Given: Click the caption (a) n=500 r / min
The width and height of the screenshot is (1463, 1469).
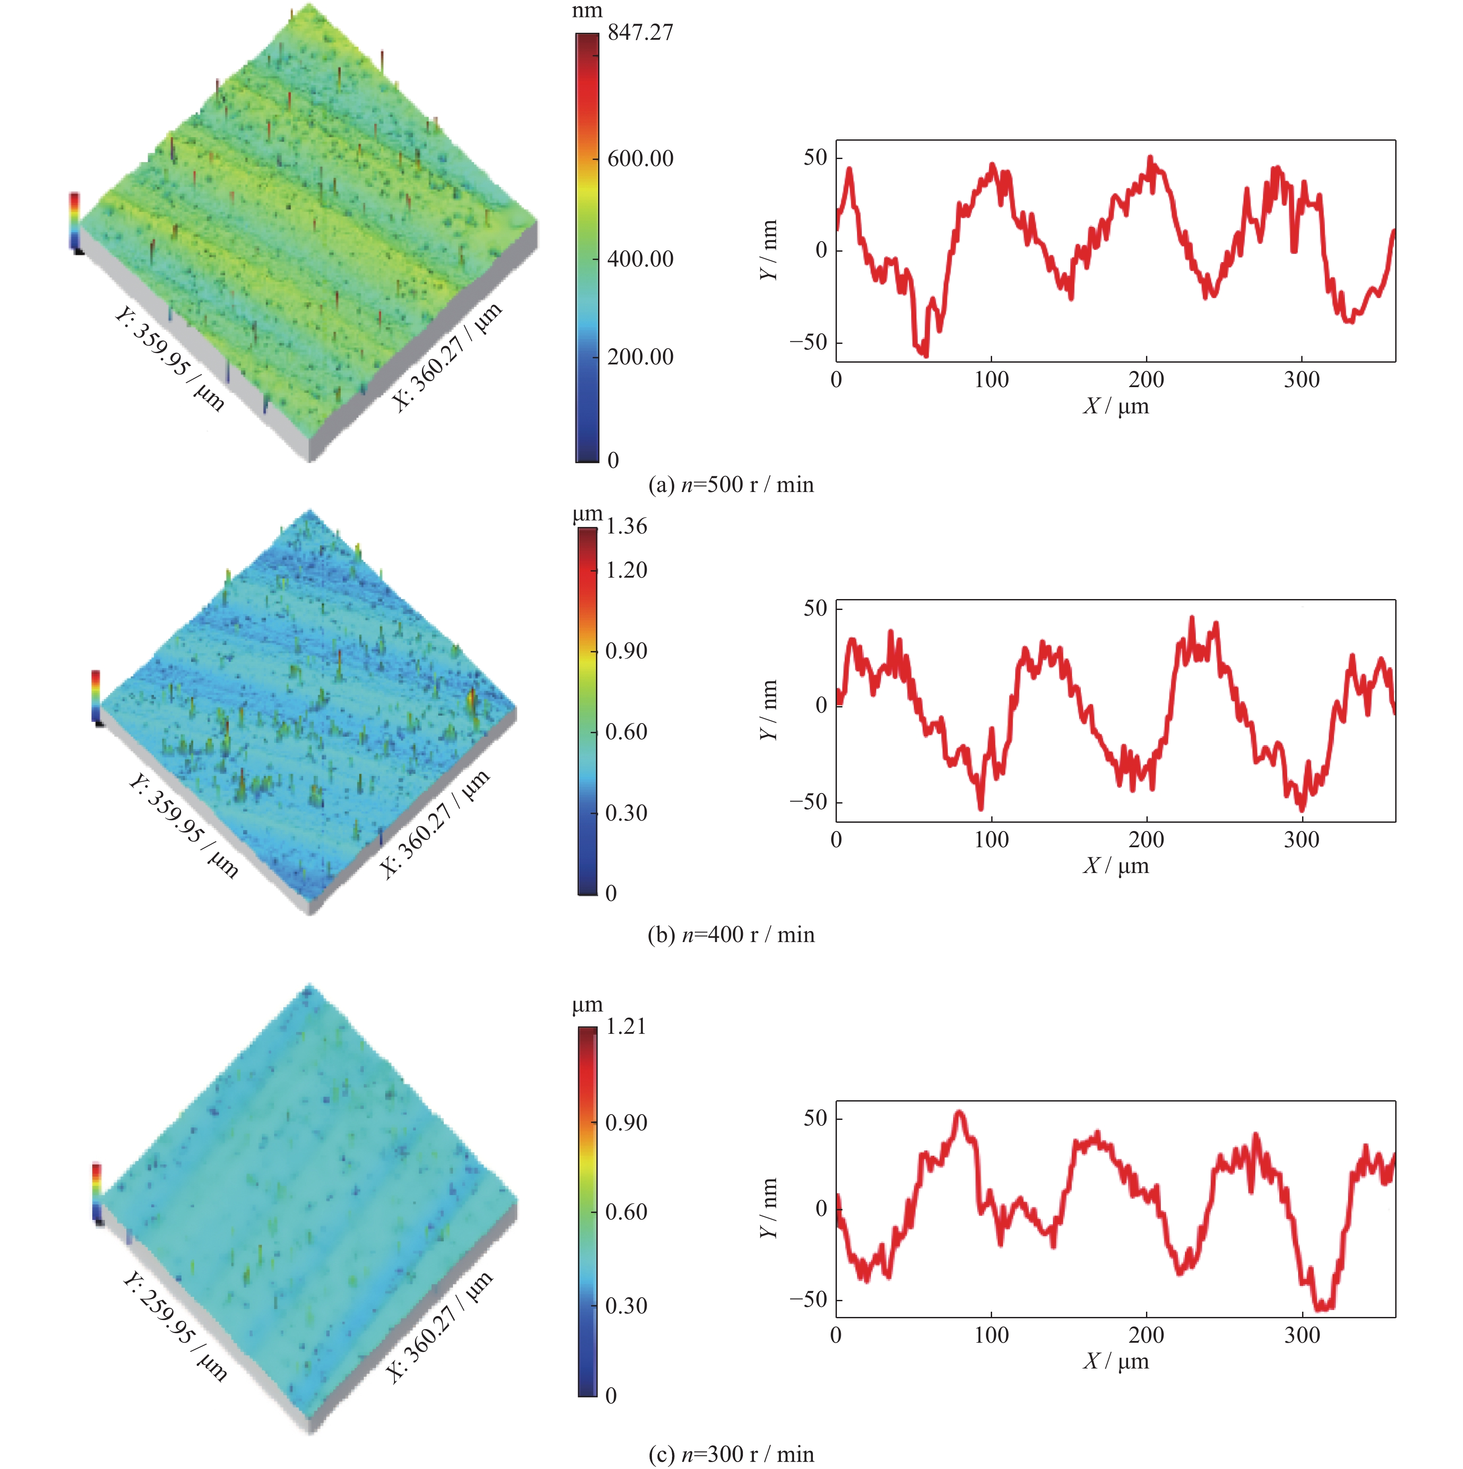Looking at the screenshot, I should pyautogui.click(x=730, y=485).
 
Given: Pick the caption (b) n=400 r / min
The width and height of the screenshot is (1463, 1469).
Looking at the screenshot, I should pyautogui.click(x=730, y=935).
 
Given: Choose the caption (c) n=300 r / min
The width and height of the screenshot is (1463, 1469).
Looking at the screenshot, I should pyautogui.click(x=730, y=1455).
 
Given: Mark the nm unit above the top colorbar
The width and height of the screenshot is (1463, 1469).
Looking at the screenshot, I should pyautogui.click(x=587, y=10).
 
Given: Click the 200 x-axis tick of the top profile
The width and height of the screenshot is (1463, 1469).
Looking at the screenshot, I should pyautogui.click(x=1146, y=379).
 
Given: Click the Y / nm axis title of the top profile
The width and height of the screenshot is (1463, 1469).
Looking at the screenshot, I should pyautogui.click(x=769, y=250).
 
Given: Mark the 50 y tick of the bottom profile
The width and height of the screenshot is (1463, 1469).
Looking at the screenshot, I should pyautogui.click(x=815, y=1119).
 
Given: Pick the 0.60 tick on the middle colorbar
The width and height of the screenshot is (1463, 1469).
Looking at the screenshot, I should pyautogui.click(x=625, y=732).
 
